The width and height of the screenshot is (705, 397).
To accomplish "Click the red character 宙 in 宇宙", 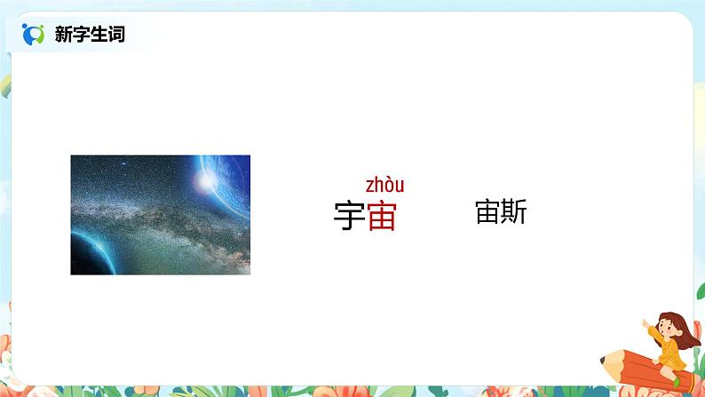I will pos(382,216).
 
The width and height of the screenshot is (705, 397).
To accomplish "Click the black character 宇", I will pos(350,216).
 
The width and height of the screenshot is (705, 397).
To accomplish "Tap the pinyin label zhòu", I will pos(384,185).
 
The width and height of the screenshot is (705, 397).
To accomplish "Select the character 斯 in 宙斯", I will pos(513,212).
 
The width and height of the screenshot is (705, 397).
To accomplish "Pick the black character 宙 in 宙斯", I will pos(488,212).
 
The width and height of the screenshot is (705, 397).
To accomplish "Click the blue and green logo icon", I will pos(33,35).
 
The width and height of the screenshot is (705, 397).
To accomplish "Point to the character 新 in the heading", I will pos(67,35).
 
